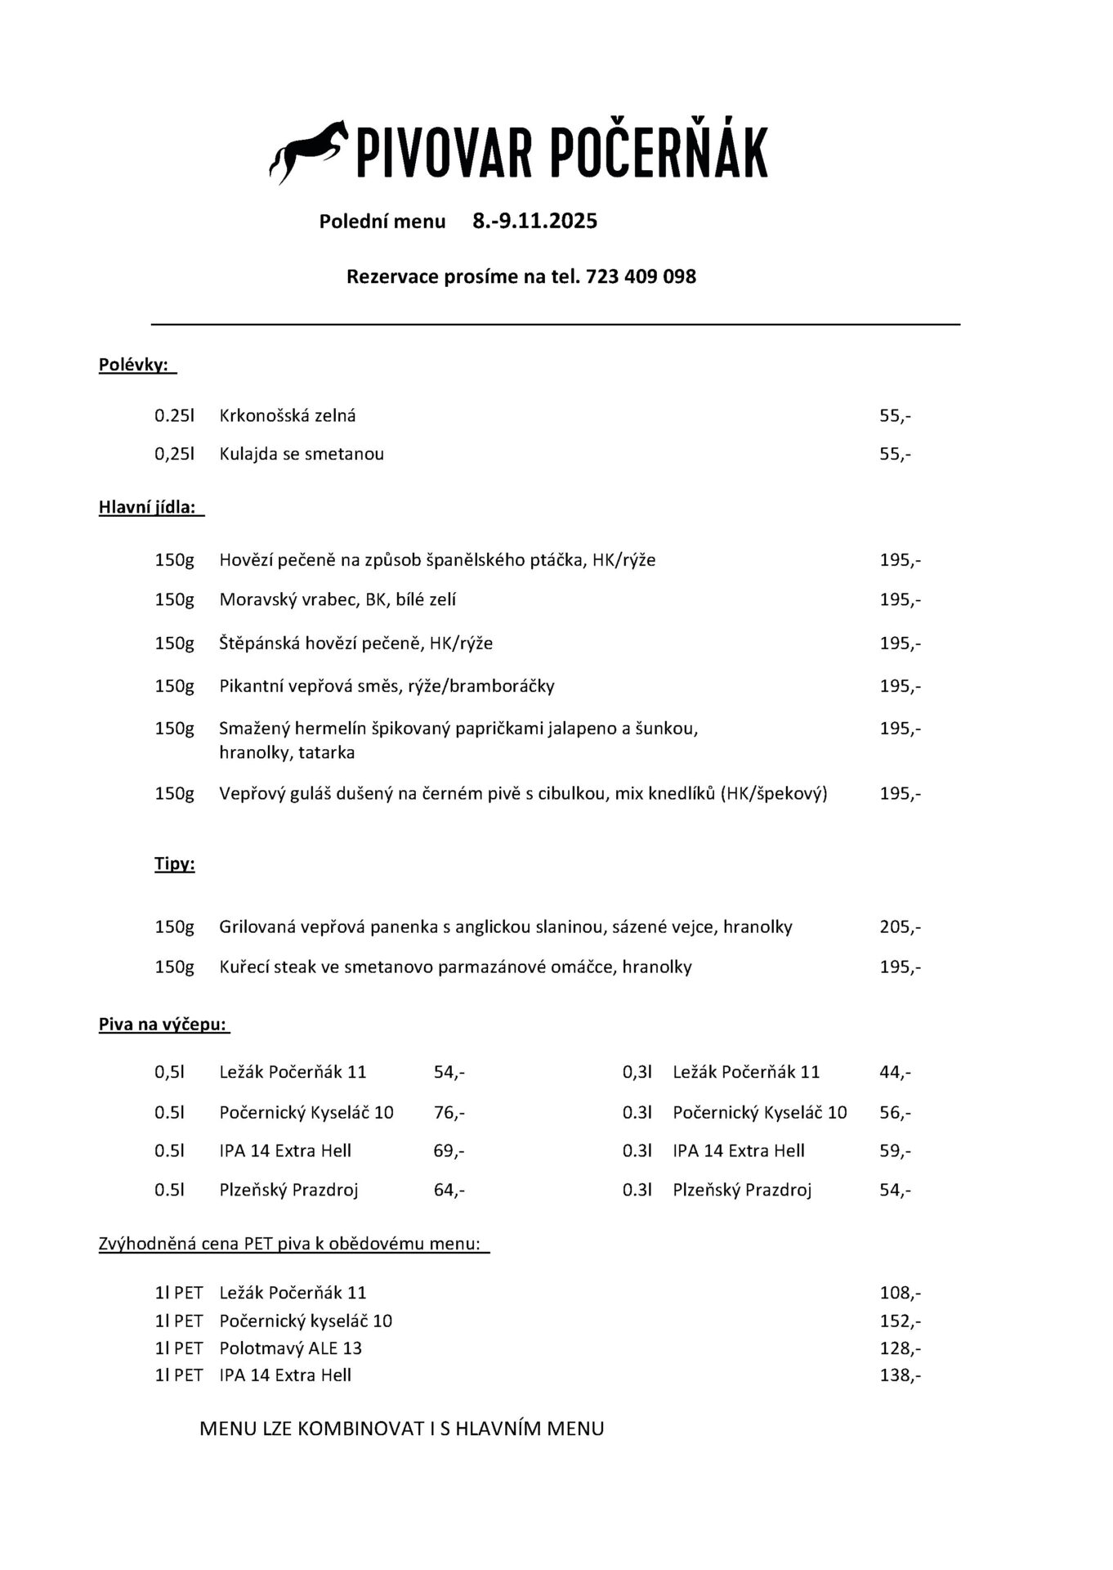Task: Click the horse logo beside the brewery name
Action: click(x=308, y=151)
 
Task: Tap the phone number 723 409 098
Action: click(x=641, y=276)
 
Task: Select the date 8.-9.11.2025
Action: click(x=534, y=221)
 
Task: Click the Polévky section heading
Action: click(x=137, y=365)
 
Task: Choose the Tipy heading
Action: click(x=174, y=863)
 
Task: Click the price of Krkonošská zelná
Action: click(x=895, y=415)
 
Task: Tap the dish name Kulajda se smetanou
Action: click(x=301, y=454)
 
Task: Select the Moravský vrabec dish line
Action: click(x=337, y=600)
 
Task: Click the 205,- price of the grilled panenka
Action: click(x=900, y=927)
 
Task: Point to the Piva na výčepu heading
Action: click(x=163, y=1024)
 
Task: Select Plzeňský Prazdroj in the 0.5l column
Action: click(x=288, y=1190)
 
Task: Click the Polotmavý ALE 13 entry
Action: click(x=290, y=1348)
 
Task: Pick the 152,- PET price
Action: click(x=900, y=1321)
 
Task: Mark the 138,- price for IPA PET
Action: click(x=900, y=1375)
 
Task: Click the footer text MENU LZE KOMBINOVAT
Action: click(x=401, y=1429)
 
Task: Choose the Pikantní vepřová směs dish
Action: click(x=386, y=686)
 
